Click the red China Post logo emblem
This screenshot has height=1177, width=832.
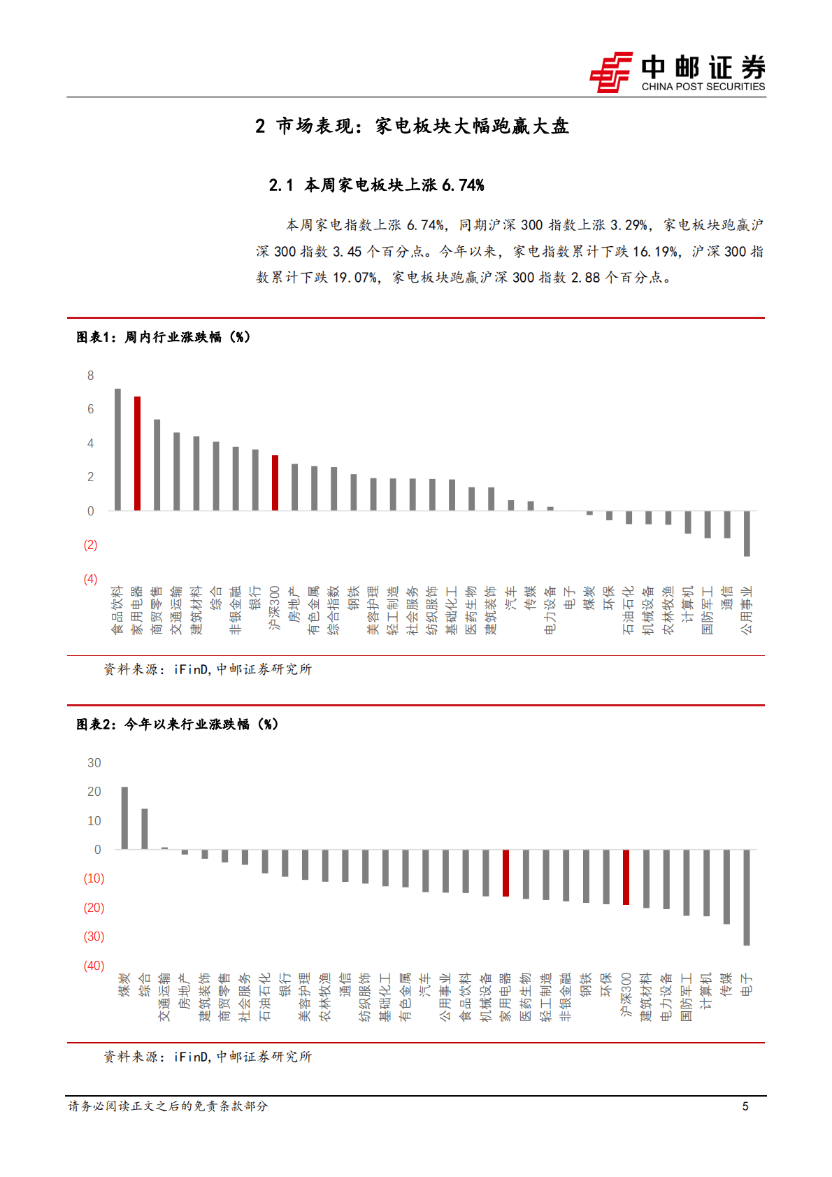click(x=610, y=71)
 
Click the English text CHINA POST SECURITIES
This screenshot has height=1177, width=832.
click(x=703, y=87)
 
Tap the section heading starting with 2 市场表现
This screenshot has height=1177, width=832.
click(x=412, y=126)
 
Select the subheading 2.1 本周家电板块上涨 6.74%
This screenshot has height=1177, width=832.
click(x=376, y=185)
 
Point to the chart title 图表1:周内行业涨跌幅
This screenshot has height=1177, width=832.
click(x=163, y=337)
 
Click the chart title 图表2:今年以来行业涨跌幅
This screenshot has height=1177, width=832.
click(x=177, y=725)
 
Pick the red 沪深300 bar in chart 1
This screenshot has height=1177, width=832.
click(x=275, y=483)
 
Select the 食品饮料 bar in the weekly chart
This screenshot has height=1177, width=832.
click(x=117, y=449)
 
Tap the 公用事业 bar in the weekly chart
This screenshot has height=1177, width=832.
click(x=747, y=534)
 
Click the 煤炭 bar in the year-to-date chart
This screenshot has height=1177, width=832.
click(x=124, y=818)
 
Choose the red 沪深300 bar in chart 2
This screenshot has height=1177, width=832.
click(x=626, y=877)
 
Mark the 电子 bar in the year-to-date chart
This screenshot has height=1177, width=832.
click(x=747, y=897)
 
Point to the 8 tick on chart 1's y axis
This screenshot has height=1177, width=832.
click(x=90, y=376)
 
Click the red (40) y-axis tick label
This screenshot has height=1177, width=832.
click(x=94, y=966)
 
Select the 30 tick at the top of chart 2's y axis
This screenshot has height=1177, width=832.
click(x=94, y=763)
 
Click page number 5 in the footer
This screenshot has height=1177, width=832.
click(x=745, y=1106)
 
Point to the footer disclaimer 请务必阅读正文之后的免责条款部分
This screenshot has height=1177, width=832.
click(x=168, y=1106)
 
